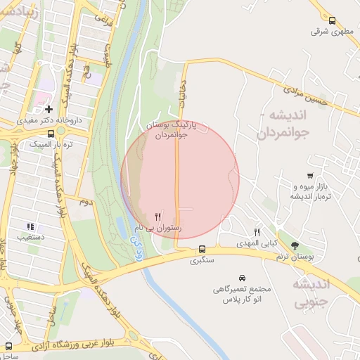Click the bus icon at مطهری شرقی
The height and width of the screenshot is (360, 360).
pos(333,20)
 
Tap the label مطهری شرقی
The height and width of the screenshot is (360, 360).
pos(334,32)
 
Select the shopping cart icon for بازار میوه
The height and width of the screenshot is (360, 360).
pos(310,175)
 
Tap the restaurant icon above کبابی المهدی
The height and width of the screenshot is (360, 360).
pos(257,233)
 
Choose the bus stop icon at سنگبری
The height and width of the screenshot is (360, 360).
pos(202,249)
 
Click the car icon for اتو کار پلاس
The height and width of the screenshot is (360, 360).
pos(243,278)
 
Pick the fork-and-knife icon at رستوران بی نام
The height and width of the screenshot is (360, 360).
pos(158,216)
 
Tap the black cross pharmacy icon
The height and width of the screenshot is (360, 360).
pos(48,109)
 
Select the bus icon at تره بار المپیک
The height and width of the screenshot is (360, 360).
pos(50,133)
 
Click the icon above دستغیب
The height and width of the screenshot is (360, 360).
pos(30,226)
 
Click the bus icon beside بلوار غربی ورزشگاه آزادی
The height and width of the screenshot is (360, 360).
pos(8,346)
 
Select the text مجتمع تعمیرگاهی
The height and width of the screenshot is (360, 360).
pos(243,290)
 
